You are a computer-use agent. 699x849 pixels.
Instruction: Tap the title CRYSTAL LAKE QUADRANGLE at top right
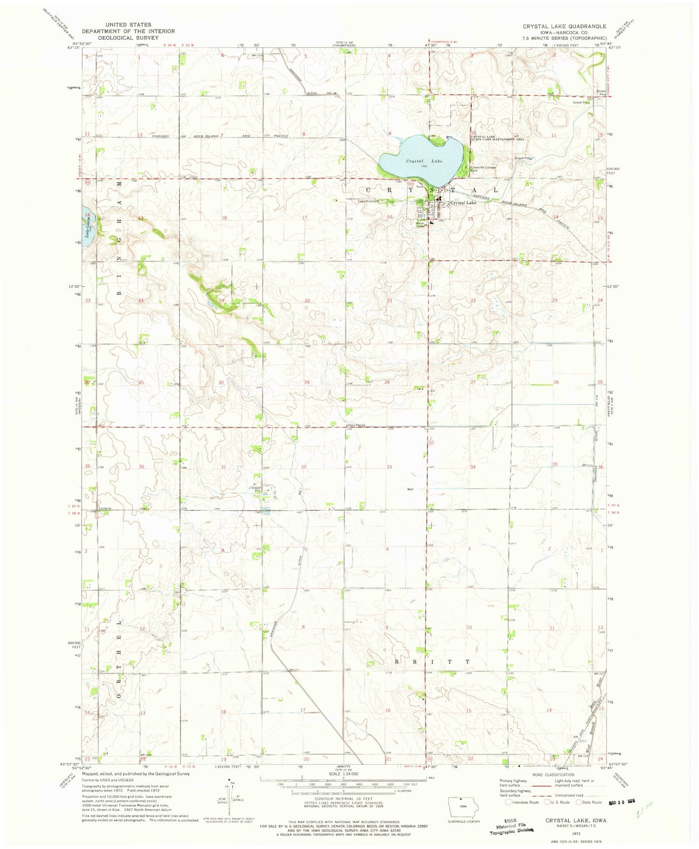[564, 27]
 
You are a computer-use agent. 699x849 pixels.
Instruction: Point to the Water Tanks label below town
[420, 225]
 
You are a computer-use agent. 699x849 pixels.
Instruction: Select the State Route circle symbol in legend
[579, 803]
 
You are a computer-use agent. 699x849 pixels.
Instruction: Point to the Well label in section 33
[410, 489]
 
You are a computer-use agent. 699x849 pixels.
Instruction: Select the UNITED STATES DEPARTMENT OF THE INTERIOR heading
[128, 31]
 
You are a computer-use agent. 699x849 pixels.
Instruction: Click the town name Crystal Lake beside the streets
[463, 203]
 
